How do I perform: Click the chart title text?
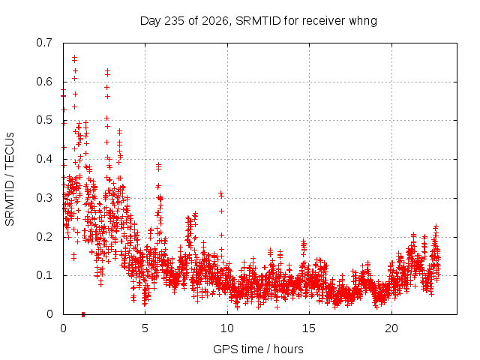(x=258, y=21)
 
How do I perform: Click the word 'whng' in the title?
(x=363, y=22)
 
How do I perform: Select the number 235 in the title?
(x=174, y=21)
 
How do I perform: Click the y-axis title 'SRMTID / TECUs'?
(x=10, y=179)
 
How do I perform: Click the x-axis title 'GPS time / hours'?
(x=258, y=349)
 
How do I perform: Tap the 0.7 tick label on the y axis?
(x=44, y=43)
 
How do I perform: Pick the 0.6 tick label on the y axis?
(x=44, y=82)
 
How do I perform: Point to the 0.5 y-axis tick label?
(x=44, y=120)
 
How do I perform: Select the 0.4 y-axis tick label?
(x=44, y=159)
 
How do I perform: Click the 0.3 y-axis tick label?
(x=44, y=198)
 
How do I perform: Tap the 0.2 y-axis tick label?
(x=44, y=237)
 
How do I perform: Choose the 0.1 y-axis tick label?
(x=44, y=275)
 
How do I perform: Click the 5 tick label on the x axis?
(x=145, y=328)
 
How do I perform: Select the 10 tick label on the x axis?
(x=227, y=328)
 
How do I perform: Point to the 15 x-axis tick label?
(x=309, y=328)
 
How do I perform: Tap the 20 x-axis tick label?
(x=391, y=328)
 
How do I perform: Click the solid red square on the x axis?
(x=83, y=314)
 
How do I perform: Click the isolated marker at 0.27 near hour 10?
(x=222, y=211)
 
